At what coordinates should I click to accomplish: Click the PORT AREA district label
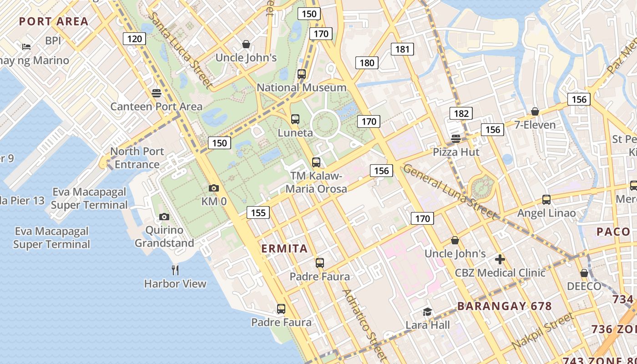click(x=54, y=21)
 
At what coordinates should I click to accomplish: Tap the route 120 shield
click(x=134, y=39)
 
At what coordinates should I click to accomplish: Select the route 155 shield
click(x=258, y=212)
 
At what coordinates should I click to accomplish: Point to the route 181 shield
click(x=402, y=49)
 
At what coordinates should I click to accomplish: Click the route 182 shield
click(x=461, y=113)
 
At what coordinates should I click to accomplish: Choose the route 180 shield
click(x=367, y=63)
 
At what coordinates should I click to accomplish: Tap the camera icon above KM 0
click(x=213, y=188)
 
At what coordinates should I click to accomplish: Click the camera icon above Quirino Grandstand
click(x=164, y=217)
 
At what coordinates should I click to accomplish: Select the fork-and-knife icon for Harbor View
click(x=175, y=270)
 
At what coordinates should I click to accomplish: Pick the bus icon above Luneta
click(x=295, y=119)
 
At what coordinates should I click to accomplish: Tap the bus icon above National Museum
click(x=302, y=74)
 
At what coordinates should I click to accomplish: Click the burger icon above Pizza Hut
click(x=456, y=138)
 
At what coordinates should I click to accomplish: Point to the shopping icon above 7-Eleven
click(x=535, y=111)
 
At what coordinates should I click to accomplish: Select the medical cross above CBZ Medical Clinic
click(x=500, y=259)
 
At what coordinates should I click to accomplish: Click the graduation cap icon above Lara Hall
click(x=427, y=312)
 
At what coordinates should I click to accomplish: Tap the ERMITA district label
click(x=285, y=249)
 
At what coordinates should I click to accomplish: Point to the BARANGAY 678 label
click(x=504, y=306)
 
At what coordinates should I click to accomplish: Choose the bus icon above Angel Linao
click(x=546, y=199)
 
